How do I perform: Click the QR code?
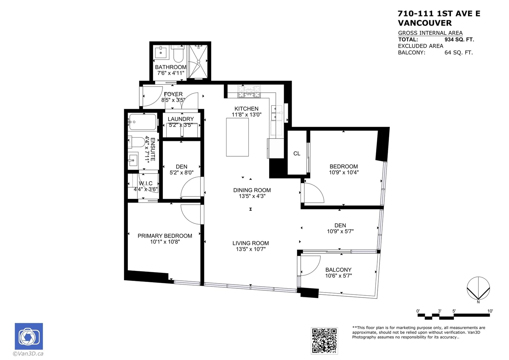tap(324, 341)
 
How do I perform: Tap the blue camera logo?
tap(29, 336)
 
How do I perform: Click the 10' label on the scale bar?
tap(490, 311)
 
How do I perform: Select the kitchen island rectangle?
tap(237, 137)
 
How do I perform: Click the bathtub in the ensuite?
tap(143, 122)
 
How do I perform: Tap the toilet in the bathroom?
tap(178, 54)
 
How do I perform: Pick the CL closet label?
tap(297, 153)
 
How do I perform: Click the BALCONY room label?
tap(338, 270)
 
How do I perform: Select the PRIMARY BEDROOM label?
tap(165, 236)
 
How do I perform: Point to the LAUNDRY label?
tap(181, 119)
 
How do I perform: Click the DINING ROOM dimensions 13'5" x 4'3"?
tap(252, 196)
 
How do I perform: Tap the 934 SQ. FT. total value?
tap(459, 39)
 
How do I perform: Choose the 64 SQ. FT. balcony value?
tap(458, 53)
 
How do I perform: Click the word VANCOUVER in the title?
tap(425, 23)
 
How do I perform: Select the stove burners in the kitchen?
tap(249, 92)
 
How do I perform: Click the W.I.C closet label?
tap(146, 183)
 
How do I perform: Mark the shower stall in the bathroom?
tap(198, 62)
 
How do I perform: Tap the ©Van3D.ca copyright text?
tap(28, 354)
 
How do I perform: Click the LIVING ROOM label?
tap(251, 243)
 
